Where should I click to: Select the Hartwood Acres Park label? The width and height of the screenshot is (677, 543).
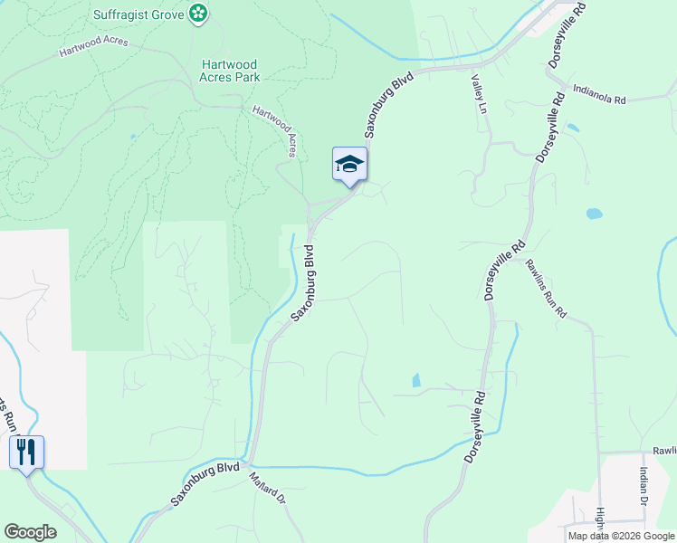coord(230,71)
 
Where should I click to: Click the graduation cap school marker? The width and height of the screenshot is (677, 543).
coord(350,165)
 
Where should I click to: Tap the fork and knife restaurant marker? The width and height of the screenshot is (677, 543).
coord(26,451)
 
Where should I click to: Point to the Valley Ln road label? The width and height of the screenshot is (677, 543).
coord(479,94)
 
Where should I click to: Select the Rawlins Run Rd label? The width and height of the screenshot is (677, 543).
coord(546,289)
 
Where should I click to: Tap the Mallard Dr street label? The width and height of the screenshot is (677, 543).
coord(267,487)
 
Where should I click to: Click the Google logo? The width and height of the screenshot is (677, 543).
coord(30,532)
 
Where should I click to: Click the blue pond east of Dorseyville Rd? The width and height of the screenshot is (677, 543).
coord(594,214)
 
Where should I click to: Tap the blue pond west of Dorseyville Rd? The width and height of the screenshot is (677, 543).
coord(416,380)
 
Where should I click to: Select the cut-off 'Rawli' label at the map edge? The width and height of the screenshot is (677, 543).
coord(664,451)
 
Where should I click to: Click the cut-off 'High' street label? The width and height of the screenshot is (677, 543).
coord(599,523)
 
